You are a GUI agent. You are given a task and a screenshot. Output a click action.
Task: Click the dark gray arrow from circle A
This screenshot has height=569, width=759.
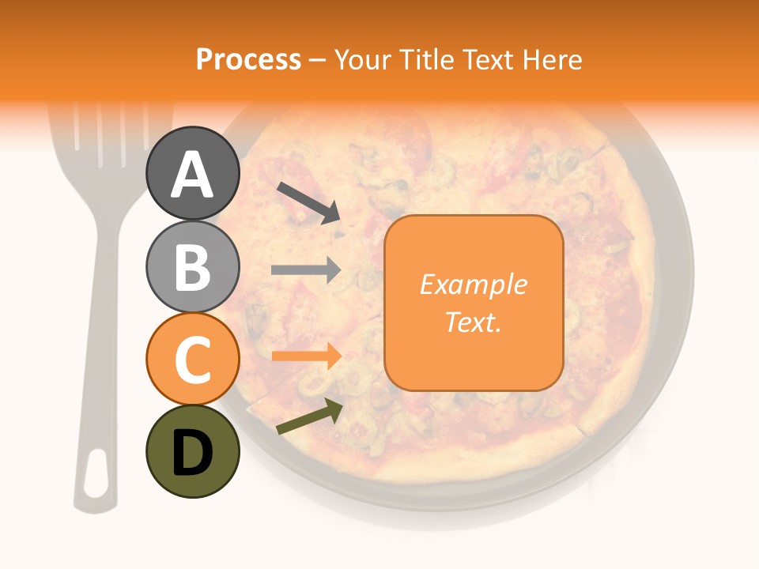pyautogui.click(x=308, y=202)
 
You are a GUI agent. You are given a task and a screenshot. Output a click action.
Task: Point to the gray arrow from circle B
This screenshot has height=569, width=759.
pyautogui.click(x=306, y=270)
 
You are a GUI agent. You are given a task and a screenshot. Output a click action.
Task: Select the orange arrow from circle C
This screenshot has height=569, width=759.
pyautogui.click(x=307, y=356)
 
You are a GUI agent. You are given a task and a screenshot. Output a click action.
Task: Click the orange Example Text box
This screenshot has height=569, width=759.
pyautogui.click(x=474, y=303)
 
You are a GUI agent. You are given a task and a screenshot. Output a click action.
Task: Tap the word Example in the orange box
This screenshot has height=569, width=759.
pyautogui.click(x=474, y=284)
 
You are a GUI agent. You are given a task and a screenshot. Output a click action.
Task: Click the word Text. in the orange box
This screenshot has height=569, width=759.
pyautogui.click(x=473, y=322)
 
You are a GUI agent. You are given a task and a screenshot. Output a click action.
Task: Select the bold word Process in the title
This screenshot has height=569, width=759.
pyautogui.click(x=248, y=59)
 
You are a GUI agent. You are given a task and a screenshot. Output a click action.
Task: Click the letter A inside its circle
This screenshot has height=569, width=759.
pyautogui.click(x=193, y=175)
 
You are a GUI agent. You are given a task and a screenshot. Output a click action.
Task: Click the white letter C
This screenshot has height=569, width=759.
pyautogui.click(x=193, y=360)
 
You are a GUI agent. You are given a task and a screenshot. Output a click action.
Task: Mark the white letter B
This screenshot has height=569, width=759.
pyautogui.click(x=193, y=267)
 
